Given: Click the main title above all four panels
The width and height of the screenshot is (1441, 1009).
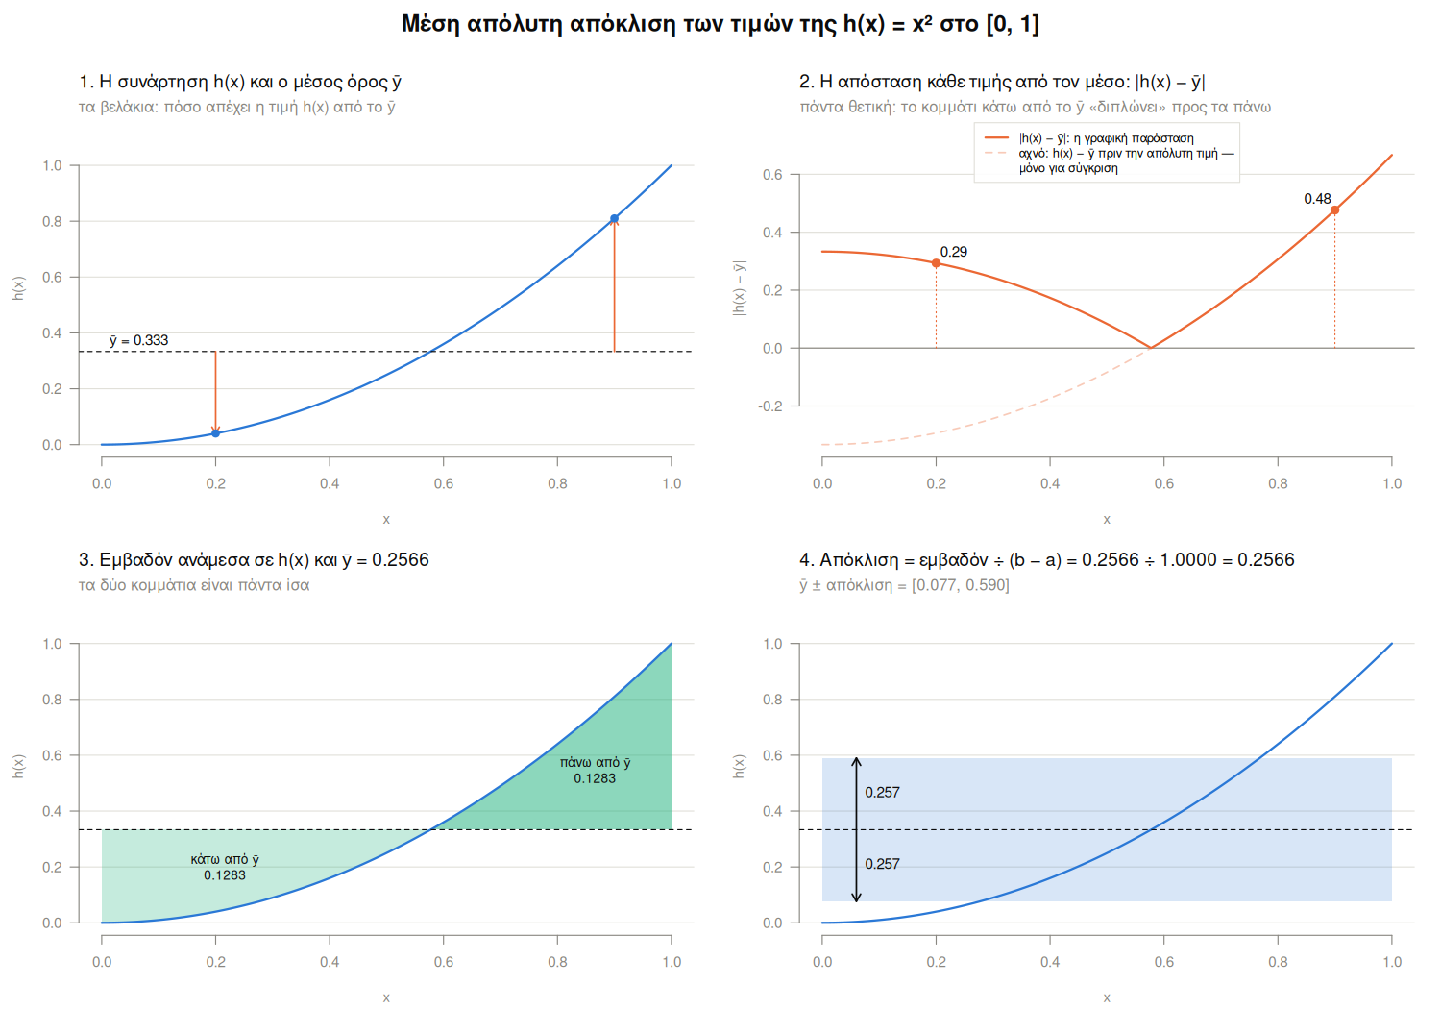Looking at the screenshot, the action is point(720,24).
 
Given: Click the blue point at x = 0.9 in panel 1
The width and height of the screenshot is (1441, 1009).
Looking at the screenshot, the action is point(615,219).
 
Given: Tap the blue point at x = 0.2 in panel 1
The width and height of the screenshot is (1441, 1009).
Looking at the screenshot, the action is point(215,433).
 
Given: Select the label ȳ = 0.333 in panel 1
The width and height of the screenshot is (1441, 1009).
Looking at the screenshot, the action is point(139,340).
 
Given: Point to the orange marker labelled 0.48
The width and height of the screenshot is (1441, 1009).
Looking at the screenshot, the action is point(1335,209).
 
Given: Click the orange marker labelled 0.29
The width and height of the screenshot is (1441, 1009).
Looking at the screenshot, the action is point(936,263).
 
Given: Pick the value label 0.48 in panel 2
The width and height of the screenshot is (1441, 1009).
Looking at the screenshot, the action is point(1317,199).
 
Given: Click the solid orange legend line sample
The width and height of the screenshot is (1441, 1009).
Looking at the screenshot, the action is point(996,137).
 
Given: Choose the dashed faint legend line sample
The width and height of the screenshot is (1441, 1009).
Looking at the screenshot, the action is point(996,153).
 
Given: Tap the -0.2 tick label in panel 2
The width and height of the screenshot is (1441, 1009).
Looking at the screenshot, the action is point(770,406).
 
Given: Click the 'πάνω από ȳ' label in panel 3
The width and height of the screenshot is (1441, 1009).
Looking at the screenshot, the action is point(595,763).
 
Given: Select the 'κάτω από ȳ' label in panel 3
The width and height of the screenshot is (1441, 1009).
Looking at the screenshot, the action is point(225,859).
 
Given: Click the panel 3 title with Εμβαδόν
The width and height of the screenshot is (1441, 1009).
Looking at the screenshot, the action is point(255,560).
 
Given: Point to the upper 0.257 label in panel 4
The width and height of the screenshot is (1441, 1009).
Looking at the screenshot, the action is point(882,792).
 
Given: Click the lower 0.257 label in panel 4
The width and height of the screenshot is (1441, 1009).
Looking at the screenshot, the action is point(882,864).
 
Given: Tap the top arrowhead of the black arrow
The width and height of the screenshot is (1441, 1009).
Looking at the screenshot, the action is point(856,759).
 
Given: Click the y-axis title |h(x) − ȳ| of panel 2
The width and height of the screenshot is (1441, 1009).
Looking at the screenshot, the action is point(740,287).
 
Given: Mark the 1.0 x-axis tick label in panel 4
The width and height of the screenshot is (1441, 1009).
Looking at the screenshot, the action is point(1392,961).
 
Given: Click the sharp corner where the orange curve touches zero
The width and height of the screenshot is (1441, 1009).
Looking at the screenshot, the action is point(1151,348).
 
